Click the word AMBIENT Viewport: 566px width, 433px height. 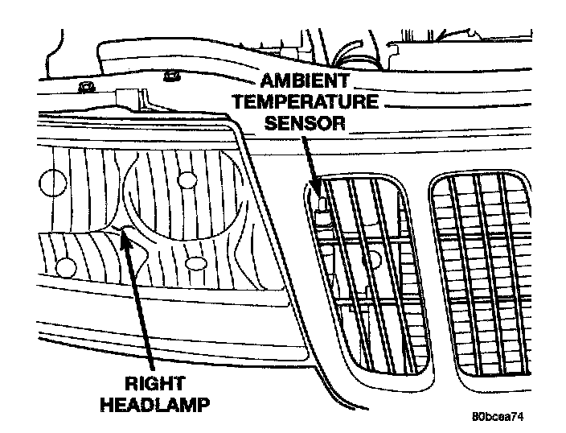click(x=303, y=82)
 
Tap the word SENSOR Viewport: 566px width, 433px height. click(x=303, y=122)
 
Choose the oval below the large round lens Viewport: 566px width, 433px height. click(x=193, y=263)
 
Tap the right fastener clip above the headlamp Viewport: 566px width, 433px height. click(x=170, y=77)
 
